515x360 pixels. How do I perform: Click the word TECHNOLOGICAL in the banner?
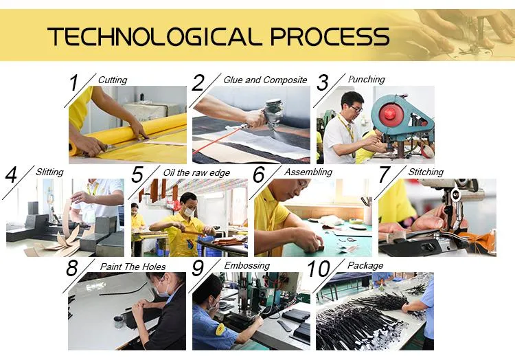(x=154, y=36)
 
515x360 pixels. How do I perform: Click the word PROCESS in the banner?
(x=330, y=36)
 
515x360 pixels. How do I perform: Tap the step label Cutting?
(x=113, y=80)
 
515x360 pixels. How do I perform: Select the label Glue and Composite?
(x=265, y=80)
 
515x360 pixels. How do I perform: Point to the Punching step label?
(x=366, y=80)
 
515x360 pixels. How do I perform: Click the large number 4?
(x=11, y=175)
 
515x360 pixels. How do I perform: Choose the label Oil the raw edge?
(x=196, y=172)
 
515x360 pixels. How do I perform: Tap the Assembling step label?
(x=308, y=172)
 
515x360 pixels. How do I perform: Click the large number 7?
(x=385, y=175)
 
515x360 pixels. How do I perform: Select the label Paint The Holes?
(x=133, y=267)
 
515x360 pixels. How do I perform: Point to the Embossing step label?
(x=247, y=266)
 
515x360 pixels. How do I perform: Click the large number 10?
(x=318, y=269)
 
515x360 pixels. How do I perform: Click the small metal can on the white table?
(x=119, y=322)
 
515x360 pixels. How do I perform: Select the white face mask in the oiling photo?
(x=189, y=211)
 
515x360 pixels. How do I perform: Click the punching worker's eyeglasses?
(x=355, y=108)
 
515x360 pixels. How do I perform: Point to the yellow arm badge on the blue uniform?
(x=220, y=330)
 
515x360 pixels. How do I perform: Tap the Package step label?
(x=365, y=265)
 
